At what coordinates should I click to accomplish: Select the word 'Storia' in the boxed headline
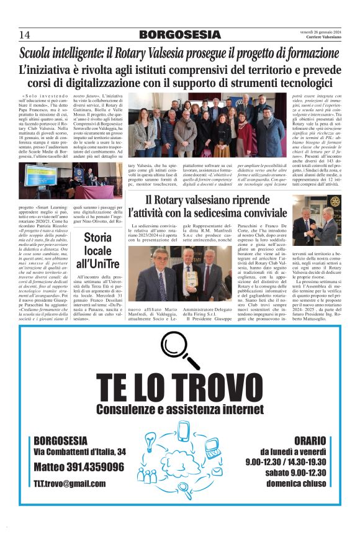(x=98, y=237)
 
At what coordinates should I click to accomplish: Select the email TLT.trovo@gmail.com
(x=70, y=483)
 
